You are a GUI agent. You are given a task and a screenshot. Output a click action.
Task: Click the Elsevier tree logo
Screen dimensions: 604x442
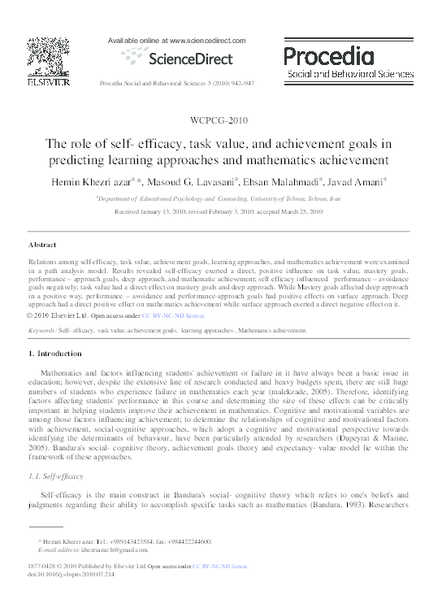click(x=39, y=56)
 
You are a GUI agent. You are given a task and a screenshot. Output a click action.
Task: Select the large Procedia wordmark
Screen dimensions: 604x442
click(x=329, y=56)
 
